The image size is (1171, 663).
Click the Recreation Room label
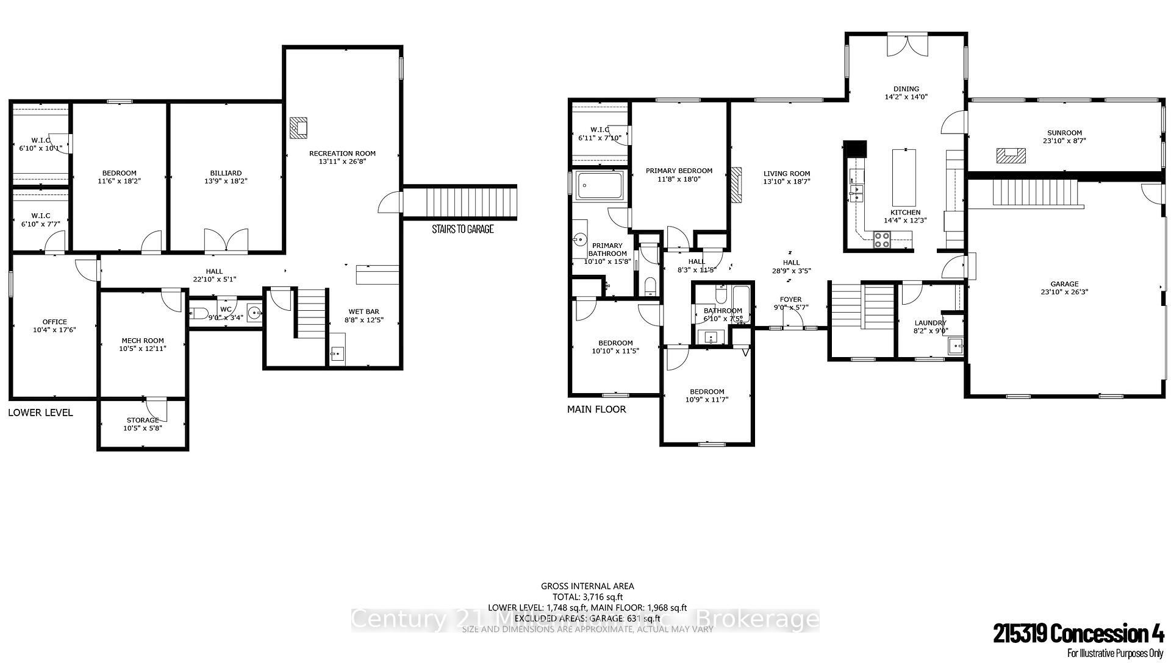pos(342,154)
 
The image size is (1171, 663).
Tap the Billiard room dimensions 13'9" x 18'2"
pos(225,181)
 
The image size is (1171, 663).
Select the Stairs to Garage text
pos(462,229)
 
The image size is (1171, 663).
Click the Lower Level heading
pos(40,413)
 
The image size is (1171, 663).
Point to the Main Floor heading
pos(596,409)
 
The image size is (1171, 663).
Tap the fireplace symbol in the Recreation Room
pos(299,127)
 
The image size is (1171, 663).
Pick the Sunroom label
pos(1064,133)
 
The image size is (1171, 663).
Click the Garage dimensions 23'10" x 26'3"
pos(1064,292)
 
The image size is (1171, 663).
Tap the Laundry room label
pos(930,323)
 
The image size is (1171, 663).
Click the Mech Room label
pos(143,341)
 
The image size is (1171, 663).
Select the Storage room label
pos(143,420)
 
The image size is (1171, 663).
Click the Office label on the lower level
pos(54,322)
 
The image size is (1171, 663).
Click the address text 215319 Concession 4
pos(1078,635)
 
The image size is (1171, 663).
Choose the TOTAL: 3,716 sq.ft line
pos(587,597)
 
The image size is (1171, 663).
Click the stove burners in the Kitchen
pos(882,240)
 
